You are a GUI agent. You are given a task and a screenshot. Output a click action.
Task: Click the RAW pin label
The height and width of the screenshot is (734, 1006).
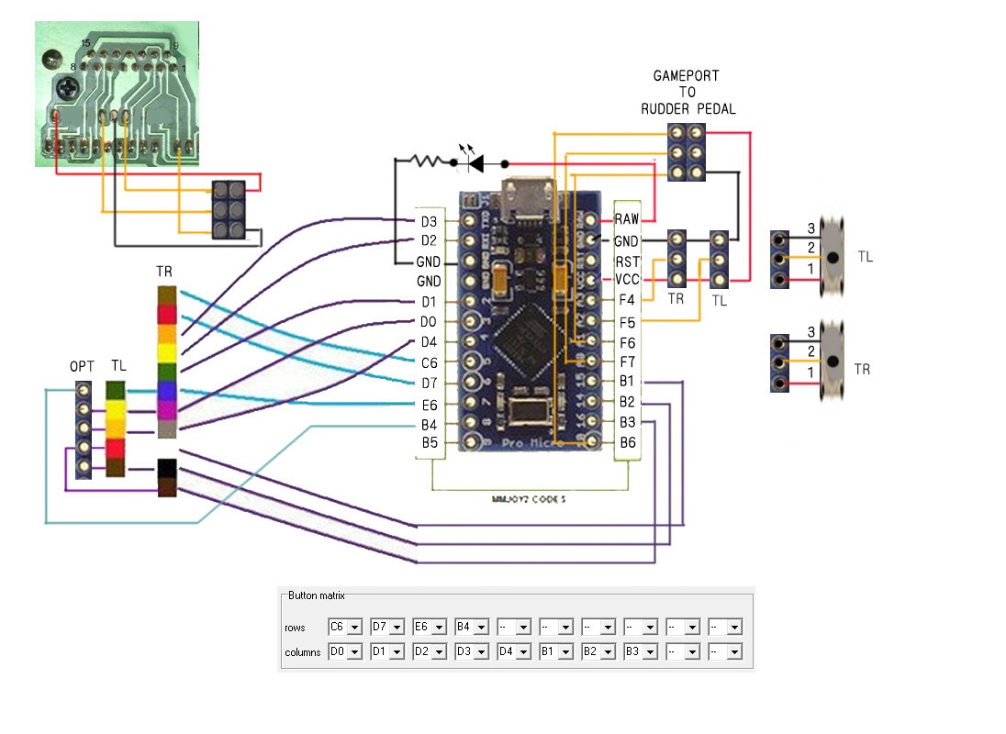[x=627, y=219]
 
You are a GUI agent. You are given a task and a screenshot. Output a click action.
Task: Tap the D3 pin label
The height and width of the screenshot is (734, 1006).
[x=429, y=221]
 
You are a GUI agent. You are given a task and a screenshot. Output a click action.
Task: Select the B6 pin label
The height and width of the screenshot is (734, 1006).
[x=627, y=443]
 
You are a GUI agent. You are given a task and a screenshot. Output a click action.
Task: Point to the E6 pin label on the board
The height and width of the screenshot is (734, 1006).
[x=429, y=404]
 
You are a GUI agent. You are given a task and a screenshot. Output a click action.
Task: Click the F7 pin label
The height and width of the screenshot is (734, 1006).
[x=627, y=362]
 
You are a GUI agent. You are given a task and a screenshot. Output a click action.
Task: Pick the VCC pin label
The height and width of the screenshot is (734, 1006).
[x=627, y=279]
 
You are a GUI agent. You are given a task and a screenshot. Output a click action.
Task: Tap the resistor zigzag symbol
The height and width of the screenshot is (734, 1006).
[x=427, y=161]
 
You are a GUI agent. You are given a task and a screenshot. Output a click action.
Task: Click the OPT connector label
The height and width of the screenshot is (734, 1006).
[x=83, y=365]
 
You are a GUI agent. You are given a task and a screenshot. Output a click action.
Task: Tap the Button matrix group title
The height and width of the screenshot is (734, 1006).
[x=317, y=595]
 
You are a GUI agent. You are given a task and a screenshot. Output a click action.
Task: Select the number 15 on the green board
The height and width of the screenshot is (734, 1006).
[x=85, y=44]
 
